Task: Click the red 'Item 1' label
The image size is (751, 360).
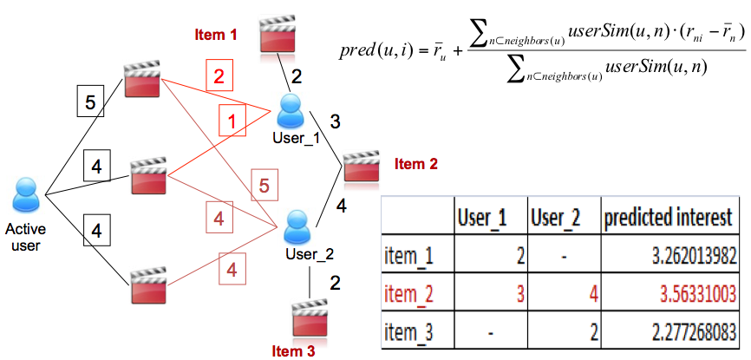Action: (215, 36)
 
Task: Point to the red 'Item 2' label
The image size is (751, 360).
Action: (416, 163)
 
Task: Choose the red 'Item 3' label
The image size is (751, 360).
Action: (292, 350)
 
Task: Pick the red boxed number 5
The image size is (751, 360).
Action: (265, 184)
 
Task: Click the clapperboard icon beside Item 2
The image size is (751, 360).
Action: (361, 166)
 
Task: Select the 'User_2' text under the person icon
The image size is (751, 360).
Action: (309, 254)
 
